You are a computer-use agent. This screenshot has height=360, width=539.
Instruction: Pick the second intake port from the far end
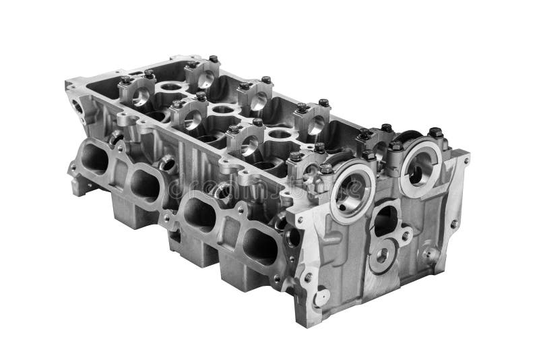click(x=144, y=184)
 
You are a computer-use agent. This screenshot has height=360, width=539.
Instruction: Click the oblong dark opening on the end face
click(x=385, y=220)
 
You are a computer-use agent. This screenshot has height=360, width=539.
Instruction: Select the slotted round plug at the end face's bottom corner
click(x=321, y=297)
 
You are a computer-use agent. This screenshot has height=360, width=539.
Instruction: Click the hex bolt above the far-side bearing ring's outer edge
click(x=435, y=133)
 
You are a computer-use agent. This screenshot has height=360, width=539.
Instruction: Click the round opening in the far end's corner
click(x=77, y=107)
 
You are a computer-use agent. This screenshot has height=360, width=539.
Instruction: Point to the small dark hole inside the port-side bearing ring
click(x=348, y=196)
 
